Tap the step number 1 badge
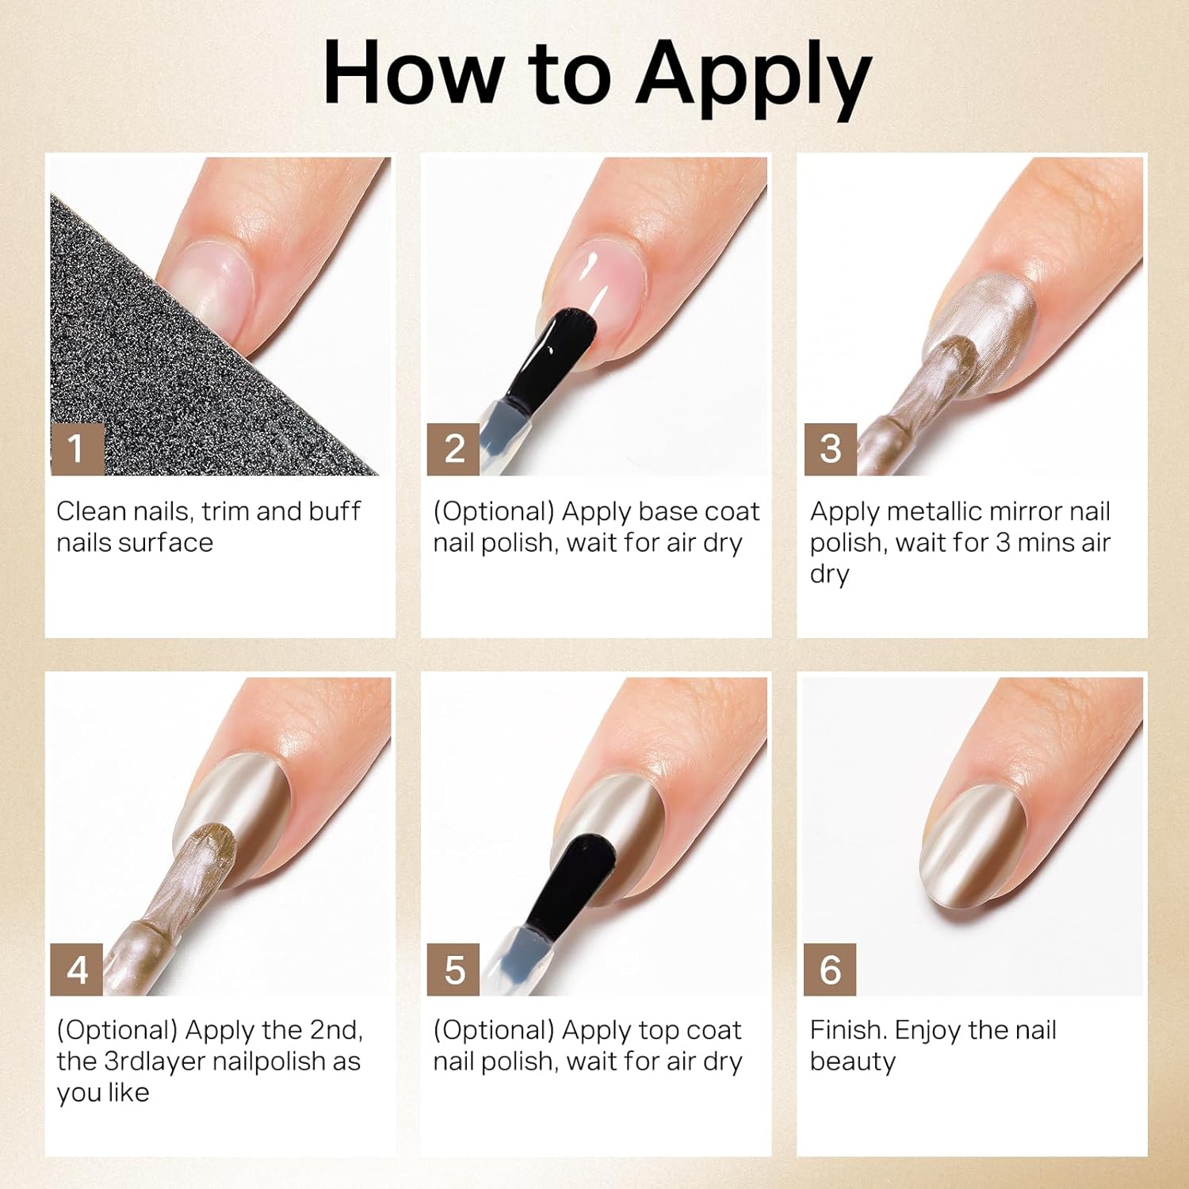tap(78, 449)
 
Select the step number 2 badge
tap(453, 449)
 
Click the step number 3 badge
tap(830, 449)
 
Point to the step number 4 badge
tap(78, 969)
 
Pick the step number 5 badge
tap(453, 969)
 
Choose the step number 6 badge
tap(830, 969)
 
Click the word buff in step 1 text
tap(335, 511)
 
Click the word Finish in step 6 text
tap(847, 1030)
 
